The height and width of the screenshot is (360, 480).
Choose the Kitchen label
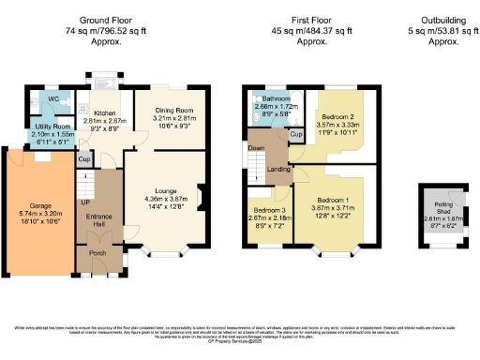click(x=105, y=112)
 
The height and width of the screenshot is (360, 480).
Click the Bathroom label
click(x=277, y=98)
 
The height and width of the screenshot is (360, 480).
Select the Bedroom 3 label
click(x=269, y=211)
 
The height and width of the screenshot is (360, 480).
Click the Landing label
click(x=278, y=170)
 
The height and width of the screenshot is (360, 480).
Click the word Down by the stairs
click(x=256, y=148)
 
